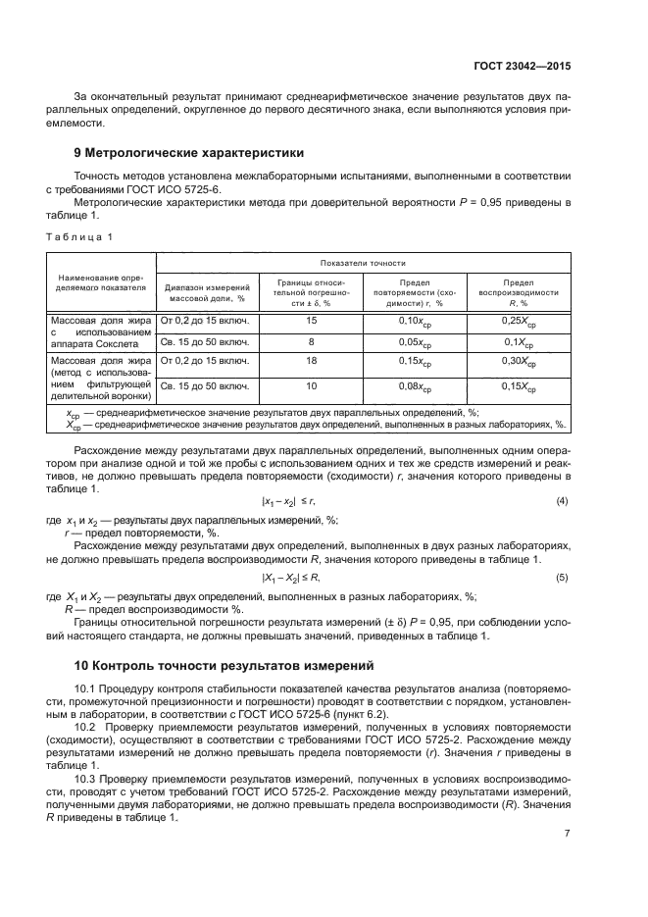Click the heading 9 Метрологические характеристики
pos(189,153)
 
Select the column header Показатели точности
pos(362,263)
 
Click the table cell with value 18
pos(312,362)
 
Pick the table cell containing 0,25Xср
pos(519,321)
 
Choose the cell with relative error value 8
pos(312,341)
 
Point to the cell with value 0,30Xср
pos(519,362)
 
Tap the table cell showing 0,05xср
pos(415,341)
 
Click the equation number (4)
pos(562,501)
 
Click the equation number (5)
pos(562,577)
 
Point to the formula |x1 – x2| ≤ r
pos(291,501)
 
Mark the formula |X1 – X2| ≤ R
pos(291,577)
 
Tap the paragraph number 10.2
pos(86,726)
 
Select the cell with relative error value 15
pos(312,321)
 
